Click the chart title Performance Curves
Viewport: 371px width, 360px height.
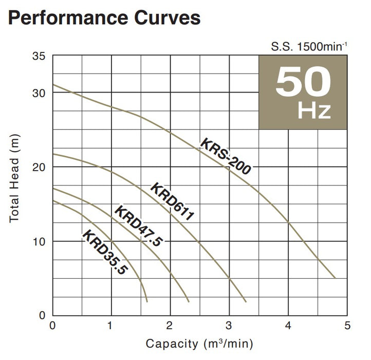104,18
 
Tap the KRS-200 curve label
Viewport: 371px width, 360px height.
225,157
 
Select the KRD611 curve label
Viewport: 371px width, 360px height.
172,202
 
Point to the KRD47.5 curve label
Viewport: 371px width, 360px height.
137,226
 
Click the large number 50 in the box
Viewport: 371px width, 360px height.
303,82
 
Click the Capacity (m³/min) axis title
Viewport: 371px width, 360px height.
199,344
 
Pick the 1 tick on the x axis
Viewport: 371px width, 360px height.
110,326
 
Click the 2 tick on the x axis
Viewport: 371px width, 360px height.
170,326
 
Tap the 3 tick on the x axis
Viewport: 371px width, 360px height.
229,326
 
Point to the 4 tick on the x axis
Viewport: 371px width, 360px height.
288,326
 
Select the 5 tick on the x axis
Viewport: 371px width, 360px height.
347,326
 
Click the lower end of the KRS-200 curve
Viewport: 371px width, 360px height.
335,278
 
